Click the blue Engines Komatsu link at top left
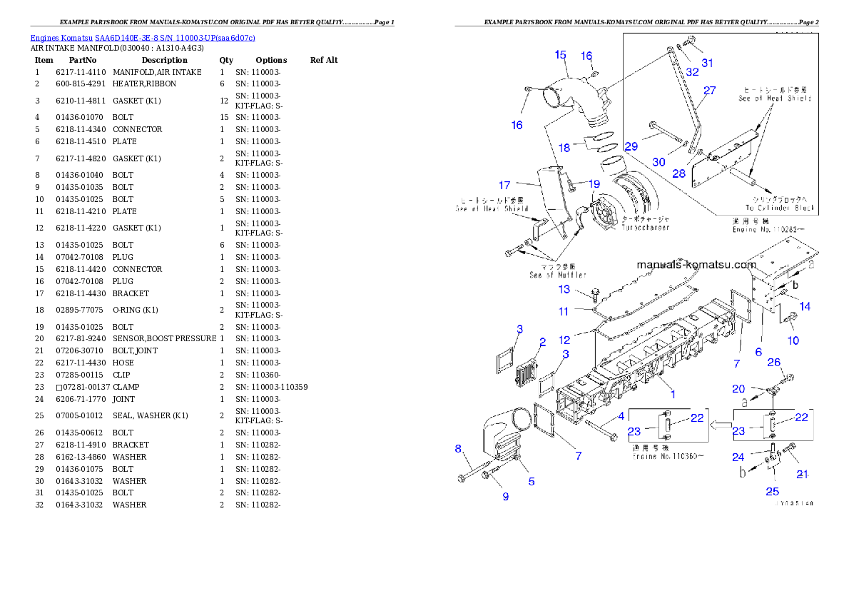(143, 38)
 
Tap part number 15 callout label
(560, 54)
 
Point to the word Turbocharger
(645, 228)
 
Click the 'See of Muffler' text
(558, 275)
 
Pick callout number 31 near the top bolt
(707, 63)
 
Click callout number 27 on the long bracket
(709, 91)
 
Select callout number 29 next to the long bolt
(631, 146)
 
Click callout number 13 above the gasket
(564, 289)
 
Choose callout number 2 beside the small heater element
(542, 343)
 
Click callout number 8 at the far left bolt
(459, 448)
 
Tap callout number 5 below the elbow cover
(532, 482)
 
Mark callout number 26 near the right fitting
(774, 362)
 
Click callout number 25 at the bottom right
(773, 491)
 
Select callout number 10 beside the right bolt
(793, 340)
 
